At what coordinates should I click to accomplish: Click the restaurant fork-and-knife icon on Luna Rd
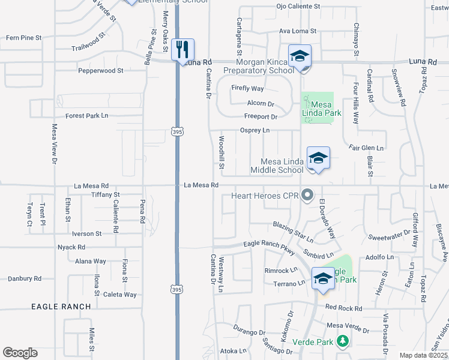[183, 49]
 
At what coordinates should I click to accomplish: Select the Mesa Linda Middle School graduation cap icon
[318, 158]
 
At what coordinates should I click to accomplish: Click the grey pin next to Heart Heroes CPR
[308, 194]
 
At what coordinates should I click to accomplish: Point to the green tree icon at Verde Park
[343, 341]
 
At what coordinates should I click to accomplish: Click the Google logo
[20, 353]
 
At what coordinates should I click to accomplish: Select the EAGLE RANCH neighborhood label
[61, 307]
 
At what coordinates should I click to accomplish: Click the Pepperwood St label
[100, 70]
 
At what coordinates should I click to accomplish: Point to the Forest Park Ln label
[87, 115]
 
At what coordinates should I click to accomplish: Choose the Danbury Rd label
[24, 278]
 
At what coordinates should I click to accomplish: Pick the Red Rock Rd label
[344, 308]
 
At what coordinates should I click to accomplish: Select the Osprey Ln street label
[255, 130]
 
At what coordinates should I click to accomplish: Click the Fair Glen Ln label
[366, 147]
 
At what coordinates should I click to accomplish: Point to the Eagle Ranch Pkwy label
[269, 244]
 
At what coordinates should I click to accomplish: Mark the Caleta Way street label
[119, 295]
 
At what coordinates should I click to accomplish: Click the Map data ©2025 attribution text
[424, 355]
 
